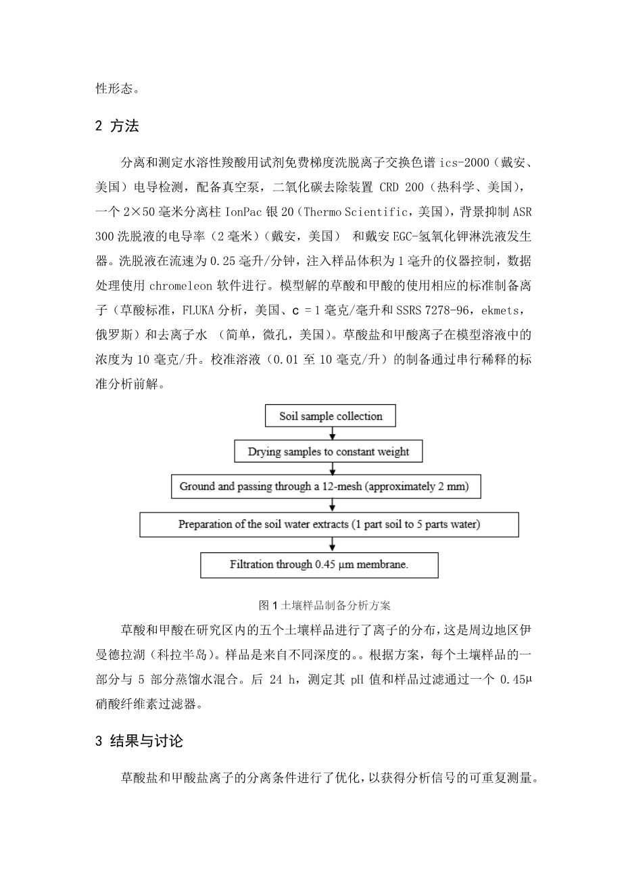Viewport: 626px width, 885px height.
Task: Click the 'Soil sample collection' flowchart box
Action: point(331,416)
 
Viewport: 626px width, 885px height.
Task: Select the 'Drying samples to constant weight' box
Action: point(328,452)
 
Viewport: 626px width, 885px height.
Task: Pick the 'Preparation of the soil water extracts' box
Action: point(329,525)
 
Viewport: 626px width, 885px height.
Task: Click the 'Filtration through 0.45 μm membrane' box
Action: point(319,565)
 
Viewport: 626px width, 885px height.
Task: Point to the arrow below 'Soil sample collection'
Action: point(331,433)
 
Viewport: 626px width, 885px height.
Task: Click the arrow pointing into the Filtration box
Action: point(331,545)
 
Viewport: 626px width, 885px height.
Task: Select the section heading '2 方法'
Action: point(117,125)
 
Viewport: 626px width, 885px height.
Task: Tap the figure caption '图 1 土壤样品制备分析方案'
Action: point(330,604)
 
